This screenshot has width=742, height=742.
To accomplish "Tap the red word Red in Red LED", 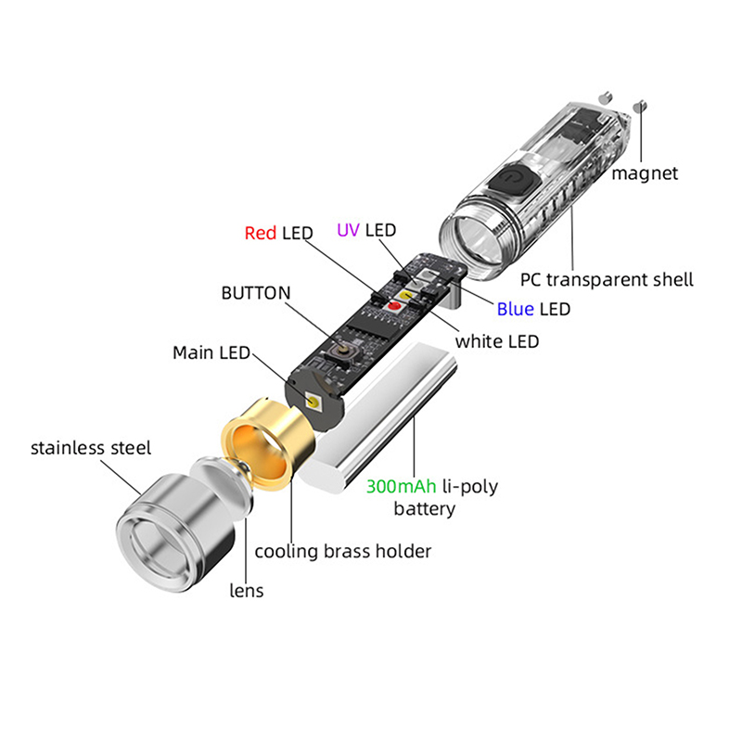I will (261, 233).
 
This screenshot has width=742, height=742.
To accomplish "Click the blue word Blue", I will (516, 309).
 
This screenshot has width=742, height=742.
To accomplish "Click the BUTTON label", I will (255, 293).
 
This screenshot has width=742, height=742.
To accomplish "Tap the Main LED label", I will (211, 353).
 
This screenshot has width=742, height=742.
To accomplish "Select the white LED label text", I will (496, 341).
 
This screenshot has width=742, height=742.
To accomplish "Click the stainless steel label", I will (91, 448).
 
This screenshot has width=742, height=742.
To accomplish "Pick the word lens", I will (246, 590).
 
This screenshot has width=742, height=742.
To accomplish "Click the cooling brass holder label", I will (343, 551).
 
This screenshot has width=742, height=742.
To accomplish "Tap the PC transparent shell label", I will (607, 279).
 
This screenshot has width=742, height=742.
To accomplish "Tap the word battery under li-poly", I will (424, 508).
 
